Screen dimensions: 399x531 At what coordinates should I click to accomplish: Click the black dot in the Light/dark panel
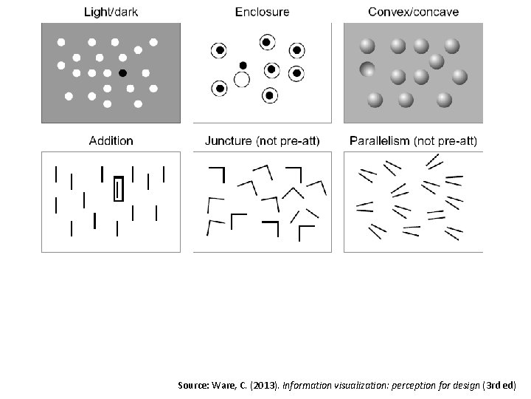[122, 72]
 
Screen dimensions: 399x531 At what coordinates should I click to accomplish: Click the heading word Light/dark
[111, 12]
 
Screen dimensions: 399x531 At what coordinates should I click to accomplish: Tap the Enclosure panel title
[262, 12]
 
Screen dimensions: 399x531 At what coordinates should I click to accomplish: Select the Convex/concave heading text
[413, 12]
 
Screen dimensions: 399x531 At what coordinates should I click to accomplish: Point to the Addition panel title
[111, 140]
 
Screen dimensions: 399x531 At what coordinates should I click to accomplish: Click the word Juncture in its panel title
[229, 140]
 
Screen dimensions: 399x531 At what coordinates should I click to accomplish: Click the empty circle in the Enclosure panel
[241, 79]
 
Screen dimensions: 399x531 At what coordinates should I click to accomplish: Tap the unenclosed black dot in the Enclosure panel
[243, 65]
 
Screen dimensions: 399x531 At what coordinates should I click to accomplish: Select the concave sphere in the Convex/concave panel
[367, 70]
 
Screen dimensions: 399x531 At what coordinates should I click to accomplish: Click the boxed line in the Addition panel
[118, 189]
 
